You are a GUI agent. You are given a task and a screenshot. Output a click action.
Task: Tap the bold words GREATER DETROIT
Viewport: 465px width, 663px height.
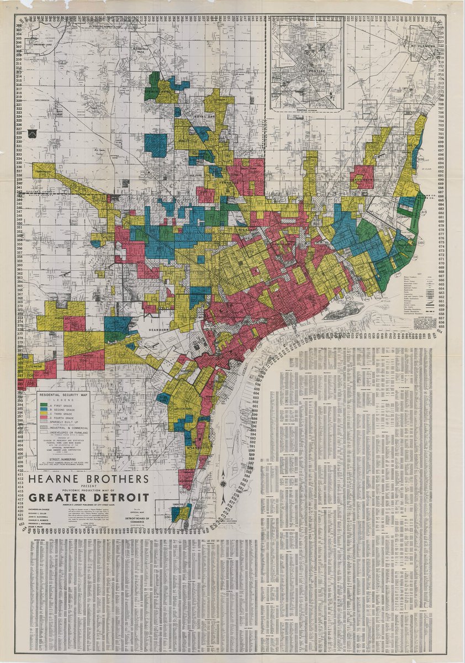tap(90, 496)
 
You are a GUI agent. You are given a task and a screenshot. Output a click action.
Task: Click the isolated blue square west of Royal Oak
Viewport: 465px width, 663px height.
tap(156, 145)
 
